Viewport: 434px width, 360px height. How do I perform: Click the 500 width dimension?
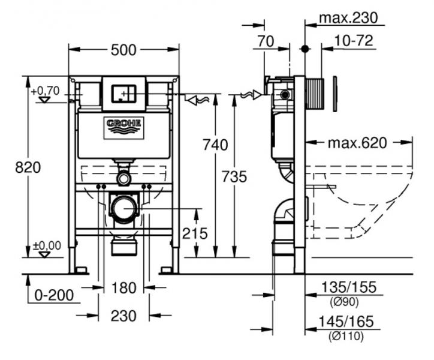coord(123,50)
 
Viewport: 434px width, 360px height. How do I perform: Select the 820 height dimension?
coord(28,167)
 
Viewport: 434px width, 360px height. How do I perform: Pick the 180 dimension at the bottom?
coord(124,288)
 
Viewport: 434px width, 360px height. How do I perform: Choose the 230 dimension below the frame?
coord(123,315)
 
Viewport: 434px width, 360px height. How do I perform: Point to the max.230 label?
coord(348,18)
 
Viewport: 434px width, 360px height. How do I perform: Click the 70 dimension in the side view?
coord(265,41)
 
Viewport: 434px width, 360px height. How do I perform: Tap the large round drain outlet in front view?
coord(124,208)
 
